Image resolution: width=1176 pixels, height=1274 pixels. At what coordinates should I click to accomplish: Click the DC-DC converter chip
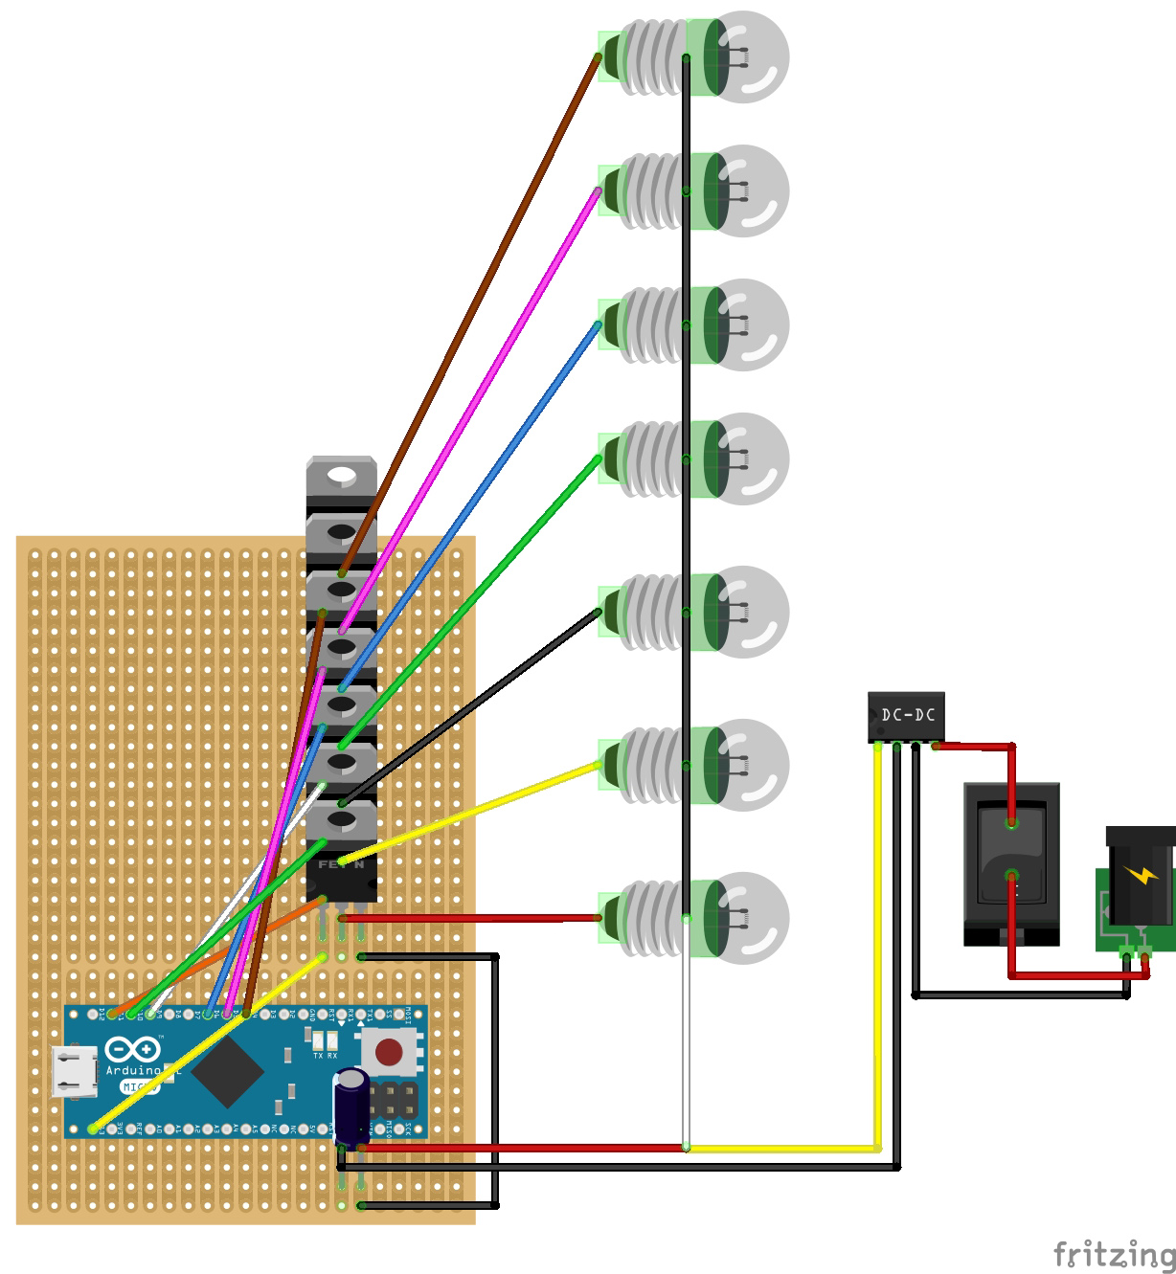point(906,716)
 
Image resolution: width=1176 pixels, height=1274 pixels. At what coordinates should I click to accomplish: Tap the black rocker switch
point(1011,857)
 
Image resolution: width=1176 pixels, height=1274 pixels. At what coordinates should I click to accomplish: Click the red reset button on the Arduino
point(389,1052)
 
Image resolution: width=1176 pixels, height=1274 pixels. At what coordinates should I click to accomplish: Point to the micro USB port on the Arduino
point(75,1071)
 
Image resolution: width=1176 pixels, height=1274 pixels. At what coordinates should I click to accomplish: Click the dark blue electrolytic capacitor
point(351,1106)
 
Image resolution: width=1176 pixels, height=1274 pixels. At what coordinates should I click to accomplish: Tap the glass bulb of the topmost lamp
point(757,56)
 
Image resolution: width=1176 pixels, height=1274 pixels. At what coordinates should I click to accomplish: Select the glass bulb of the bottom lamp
point(757,917)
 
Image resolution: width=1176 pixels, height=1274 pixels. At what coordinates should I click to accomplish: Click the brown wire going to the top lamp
point(469,316)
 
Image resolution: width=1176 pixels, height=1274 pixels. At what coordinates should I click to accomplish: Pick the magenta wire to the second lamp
point(469,412)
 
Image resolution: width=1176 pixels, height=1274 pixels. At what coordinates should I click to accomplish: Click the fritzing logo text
point(1113,1253)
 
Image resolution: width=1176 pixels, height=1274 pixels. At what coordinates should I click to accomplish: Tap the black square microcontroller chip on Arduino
point(227,1071)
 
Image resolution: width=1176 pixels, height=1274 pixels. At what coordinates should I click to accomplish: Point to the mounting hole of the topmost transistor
point(341,475)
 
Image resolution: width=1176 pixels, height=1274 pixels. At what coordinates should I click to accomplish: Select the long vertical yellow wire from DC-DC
point(878,948)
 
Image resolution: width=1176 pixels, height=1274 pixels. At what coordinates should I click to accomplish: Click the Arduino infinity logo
point(132,1050)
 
